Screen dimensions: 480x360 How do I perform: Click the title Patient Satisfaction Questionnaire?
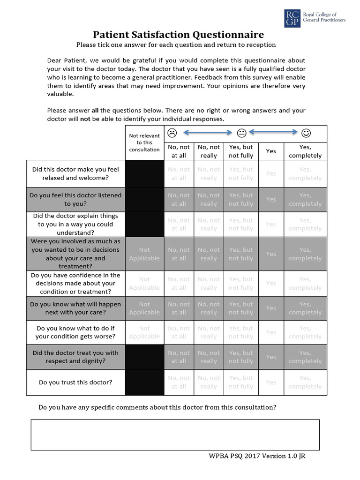pos(178,34)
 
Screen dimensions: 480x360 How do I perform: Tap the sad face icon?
pos(172,133)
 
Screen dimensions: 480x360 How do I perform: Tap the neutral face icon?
pos(241,133)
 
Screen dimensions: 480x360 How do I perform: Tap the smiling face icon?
pos(306,133)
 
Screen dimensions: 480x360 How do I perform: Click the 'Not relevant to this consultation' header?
pos(144,142)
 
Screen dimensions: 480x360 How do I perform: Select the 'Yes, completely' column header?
pos(305,151)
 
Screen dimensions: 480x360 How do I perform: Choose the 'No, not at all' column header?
pos(179,151)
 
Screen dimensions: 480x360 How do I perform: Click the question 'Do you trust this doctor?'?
pos(75,382)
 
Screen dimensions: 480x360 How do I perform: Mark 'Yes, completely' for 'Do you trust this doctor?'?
pos(305,382)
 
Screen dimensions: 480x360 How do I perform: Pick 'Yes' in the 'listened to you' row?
pos(271,199)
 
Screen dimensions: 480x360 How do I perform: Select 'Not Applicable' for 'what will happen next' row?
pos(144,308)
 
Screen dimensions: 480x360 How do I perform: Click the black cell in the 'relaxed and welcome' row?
pos(144,173)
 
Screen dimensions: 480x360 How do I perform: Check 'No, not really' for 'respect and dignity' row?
pos(209,357)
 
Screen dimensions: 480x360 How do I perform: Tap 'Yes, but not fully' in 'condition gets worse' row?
pos(241,332)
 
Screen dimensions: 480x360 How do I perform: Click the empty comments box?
pos(175,435)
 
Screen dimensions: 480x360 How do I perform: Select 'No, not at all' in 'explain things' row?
pos(179,224)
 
